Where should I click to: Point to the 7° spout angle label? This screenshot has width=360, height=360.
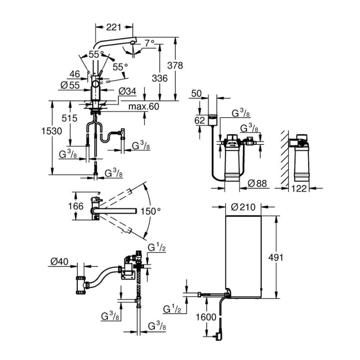pyautogui.click(x=149, y=44)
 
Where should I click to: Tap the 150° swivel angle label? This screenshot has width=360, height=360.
pyautogui.click(x=150, y=211)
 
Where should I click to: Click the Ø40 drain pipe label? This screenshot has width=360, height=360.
pyautogui.click(x=59, y=261)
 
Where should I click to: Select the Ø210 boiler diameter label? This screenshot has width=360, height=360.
pyautogui.click(x=243, y=207)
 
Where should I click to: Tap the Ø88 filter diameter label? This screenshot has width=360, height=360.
pyautogui.click(x=258, y=183)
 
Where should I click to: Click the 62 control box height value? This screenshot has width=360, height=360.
pyautogui.click(x=200, y=121)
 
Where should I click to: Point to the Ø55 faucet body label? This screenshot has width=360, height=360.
pyautogui.click(x=69, y=84)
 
